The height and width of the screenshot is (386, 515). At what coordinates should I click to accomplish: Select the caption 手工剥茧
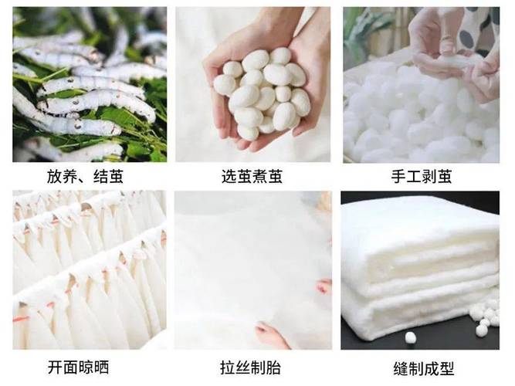pyautogui.click(x=421, y=178)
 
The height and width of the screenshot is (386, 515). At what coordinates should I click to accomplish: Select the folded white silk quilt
pyautogui.click(x=417, y=262)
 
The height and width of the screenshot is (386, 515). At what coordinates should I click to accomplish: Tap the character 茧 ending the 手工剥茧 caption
pyautogui.click(x=449, y=178)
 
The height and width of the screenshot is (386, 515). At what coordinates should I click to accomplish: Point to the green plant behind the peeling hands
pyautogui.click(x=363, y=31)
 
